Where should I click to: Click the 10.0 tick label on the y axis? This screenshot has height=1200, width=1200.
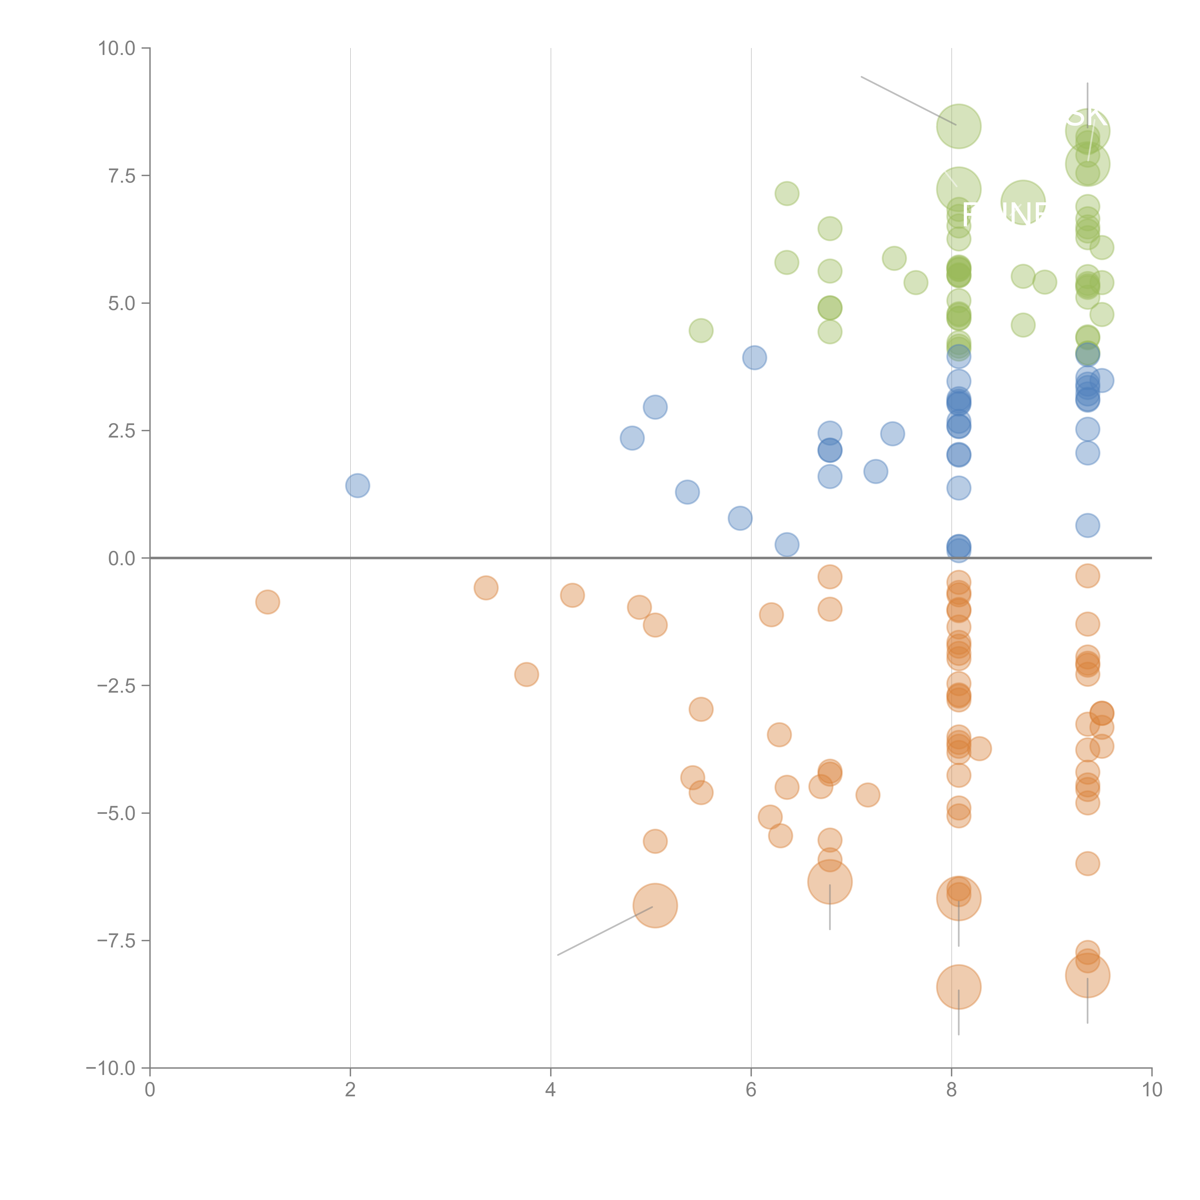(x=117, y=48)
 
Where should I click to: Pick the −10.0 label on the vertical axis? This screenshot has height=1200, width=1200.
(x=112, y=1068)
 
